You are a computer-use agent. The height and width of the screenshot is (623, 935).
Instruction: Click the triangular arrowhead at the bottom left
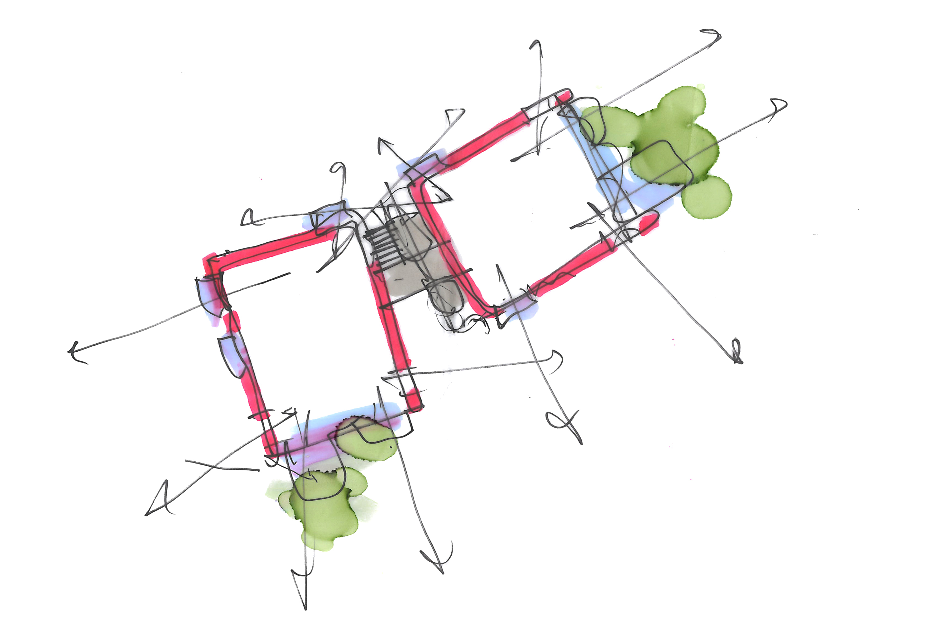point(159,501)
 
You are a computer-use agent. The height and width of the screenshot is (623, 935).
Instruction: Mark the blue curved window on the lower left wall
point(233,356)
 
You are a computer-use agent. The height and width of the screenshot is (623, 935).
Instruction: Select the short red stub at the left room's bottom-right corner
point(414,399)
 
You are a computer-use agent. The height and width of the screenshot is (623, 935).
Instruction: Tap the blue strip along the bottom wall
point(342,421)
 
